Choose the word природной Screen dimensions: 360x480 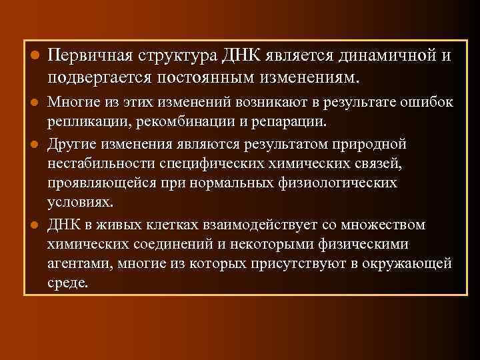368,145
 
